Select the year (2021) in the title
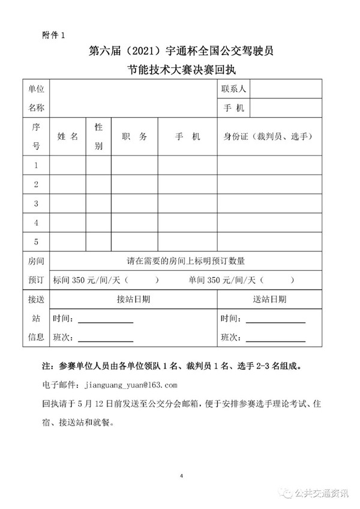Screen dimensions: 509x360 click(130, 52)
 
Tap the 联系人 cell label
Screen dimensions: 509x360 click(233, 89)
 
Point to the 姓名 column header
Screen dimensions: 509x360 click(68, 136)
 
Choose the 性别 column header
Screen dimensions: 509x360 click(98, 136)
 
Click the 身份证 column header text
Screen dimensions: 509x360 click(268, 136)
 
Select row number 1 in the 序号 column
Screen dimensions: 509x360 click(36, 165)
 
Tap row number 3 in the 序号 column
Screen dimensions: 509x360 click(36, 203)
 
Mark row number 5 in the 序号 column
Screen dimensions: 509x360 click(36, 242)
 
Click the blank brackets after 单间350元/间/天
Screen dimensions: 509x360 click(278, 280)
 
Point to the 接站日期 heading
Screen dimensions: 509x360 click(133, 299)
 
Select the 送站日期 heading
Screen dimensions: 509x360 click(270, 299)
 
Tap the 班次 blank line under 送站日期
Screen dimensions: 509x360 click(276, 337)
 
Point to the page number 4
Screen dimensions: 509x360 click(181, 476)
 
